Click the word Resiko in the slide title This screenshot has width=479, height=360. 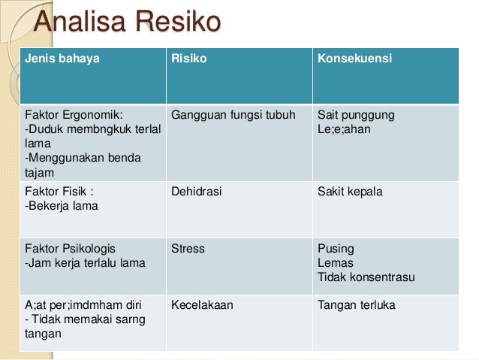click(x=178, y=23)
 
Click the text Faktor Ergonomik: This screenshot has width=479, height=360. click(x=74, y=116)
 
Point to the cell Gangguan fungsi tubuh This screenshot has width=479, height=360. click(x=233, y=116)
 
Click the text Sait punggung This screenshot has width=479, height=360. click(x=356, y=116)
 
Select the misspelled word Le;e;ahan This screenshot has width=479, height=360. click(x=344, y=129)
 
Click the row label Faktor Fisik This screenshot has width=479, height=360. click(x=59, y=192)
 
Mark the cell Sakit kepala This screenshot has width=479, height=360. click(x=350, y=192)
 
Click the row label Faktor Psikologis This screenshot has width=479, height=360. click(x=71, y=249)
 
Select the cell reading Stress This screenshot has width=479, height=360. click(x=188, y=249)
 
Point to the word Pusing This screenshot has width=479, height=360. click(x=336, y=249)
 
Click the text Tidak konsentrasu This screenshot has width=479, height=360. click(x=366, y=277)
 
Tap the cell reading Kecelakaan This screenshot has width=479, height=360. click(x=202, y=306)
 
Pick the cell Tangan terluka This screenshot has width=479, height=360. click(x=357, y=306)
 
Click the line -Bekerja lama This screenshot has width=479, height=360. click(x=62, y=206)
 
